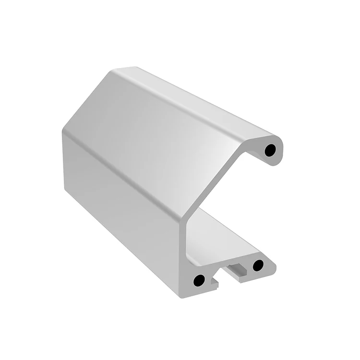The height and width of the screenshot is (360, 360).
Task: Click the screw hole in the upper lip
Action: tap(271, 150)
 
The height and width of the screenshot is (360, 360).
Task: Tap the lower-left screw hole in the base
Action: tap(198, 280)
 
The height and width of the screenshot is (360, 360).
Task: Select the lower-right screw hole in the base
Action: tap(258, 264)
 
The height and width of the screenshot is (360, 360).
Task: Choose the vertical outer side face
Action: tap(120, 192)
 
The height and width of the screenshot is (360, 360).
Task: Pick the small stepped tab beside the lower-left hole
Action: tap(215, 286)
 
